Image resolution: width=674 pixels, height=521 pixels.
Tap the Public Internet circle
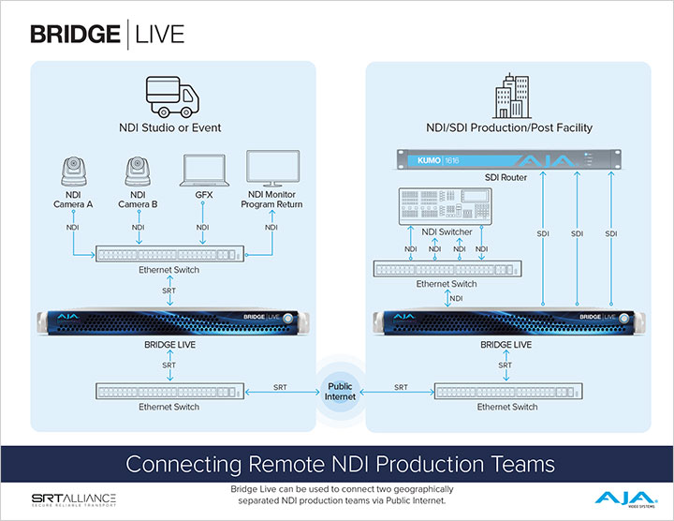tap(340, 387)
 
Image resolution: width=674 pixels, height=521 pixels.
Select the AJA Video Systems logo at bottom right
tap(618, 497)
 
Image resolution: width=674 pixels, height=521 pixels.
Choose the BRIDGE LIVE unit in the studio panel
tap(168, 322)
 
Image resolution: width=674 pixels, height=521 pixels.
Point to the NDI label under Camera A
tap(73, 228)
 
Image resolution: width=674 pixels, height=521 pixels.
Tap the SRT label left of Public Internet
tap(281, 387)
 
